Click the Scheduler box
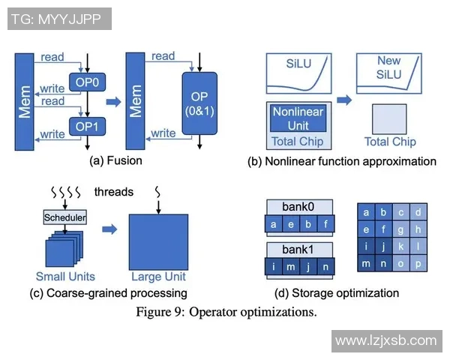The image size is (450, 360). tap(64, 217)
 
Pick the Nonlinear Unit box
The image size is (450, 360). tap(298, 118)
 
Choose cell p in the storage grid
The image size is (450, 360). tap(418, 263)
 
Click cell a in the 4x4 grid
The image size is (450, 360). tap(366, 213)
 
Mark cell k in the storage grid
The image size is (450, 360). tap(400, 246)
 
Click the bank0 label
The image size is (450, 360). tap(298, 205)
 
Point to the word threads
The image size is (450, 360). tap(114, 192)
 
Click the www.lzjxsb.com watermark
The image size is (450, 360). tap(385, 340)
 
